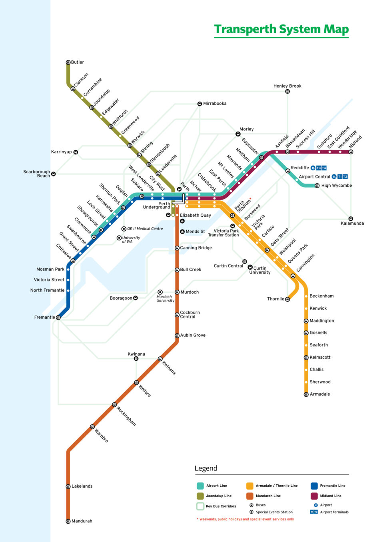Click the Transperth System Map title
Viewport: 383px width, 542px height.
click(281, 29)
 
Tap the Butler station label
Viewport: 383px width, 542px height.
click(78, 62)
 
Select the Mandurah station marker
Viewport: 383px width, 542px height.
click(68, 521)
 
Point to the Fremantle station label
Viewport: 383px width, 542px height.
click(44, 317)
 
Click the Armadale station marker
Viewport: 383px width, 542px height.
click(306, 394)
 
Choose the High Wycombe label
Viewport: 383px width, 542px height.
click(337, 186)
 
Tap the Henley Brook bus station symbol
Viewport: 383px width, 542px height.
click(287, 92)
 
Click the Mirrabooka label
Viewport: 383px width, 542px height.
click(215, 104)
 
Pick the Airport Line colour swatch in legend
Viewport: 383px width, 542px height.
click(200, 486)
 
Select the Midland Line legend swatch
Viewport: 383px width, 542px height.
click(314, 496)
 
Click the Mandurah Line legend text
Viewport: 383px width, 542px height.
click(268, 496)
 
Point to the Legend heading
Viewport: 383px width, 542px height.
click(206, 468)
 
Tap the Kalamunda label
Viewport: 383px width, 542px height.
click(352, 223)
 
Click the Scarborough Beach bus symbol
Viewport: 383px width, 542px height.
click(53, 174)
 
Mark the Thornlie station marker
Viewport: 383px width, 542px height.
click(287, 299)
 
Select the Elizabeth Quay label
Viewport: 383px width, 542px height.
click(195, 215)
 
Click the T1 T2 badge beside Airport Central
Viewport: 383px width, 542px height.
click(343, 177)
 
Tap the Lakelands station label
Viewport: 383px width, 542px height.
click(82, 486)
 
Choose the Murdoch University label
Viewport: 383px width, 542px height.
click(165, 299)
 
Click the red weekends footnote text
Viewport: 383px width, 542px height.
click(245, 519)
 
